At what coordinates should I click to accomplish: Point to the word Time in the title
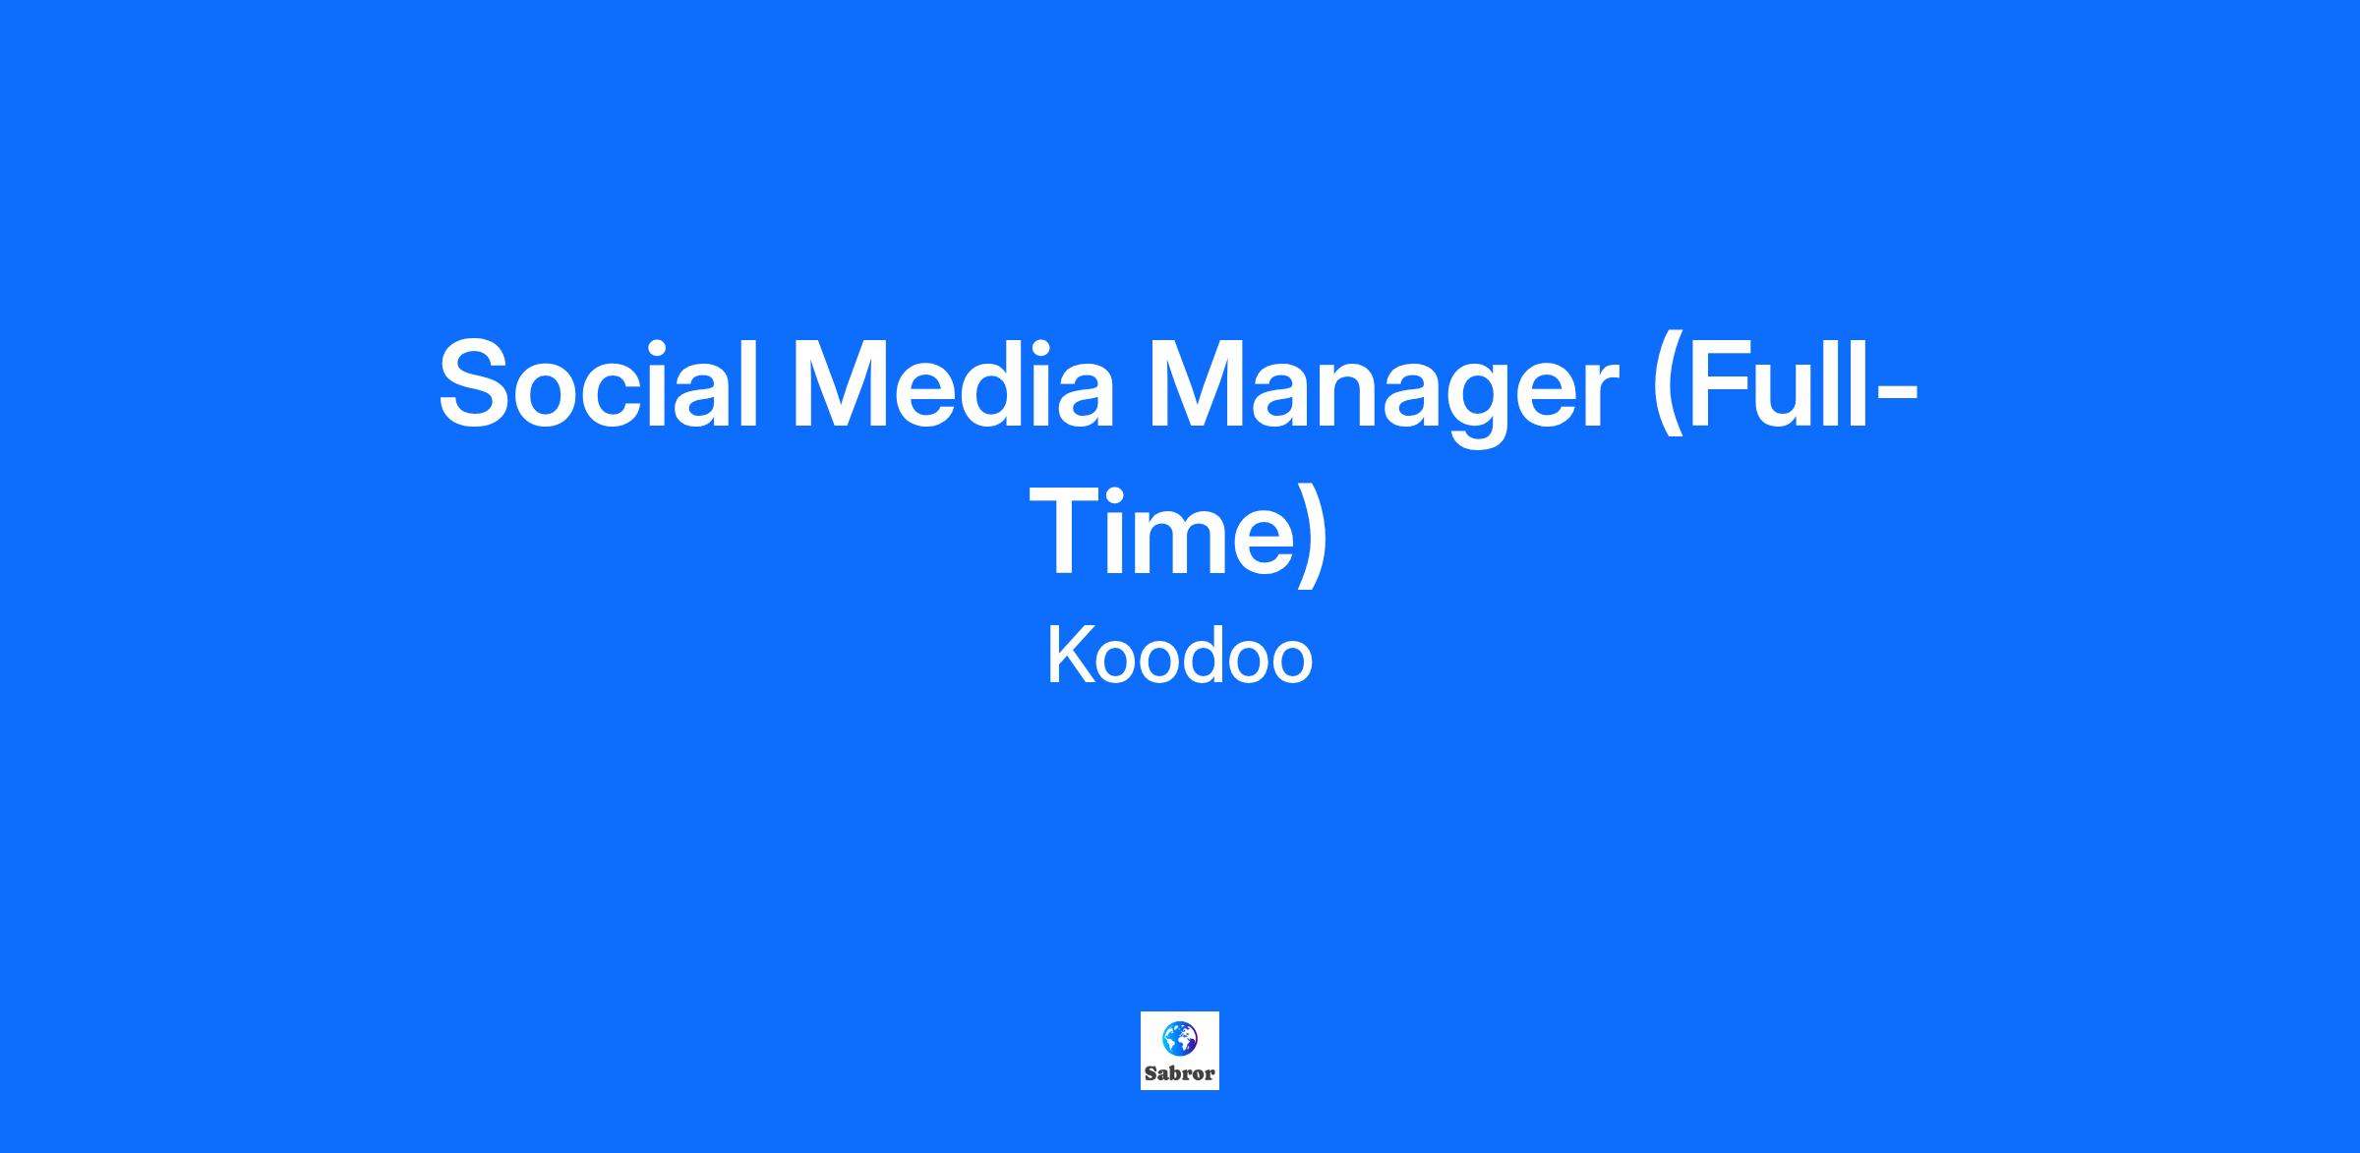(x=1161, y=534)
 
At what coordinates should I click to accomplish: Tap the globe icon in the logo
(x=1179, y=1037)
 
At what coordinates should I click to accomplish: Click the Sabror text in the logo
(x=1180, y=1073)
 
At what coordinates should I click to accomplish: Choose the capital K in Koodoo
(x=1071, y=656)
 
